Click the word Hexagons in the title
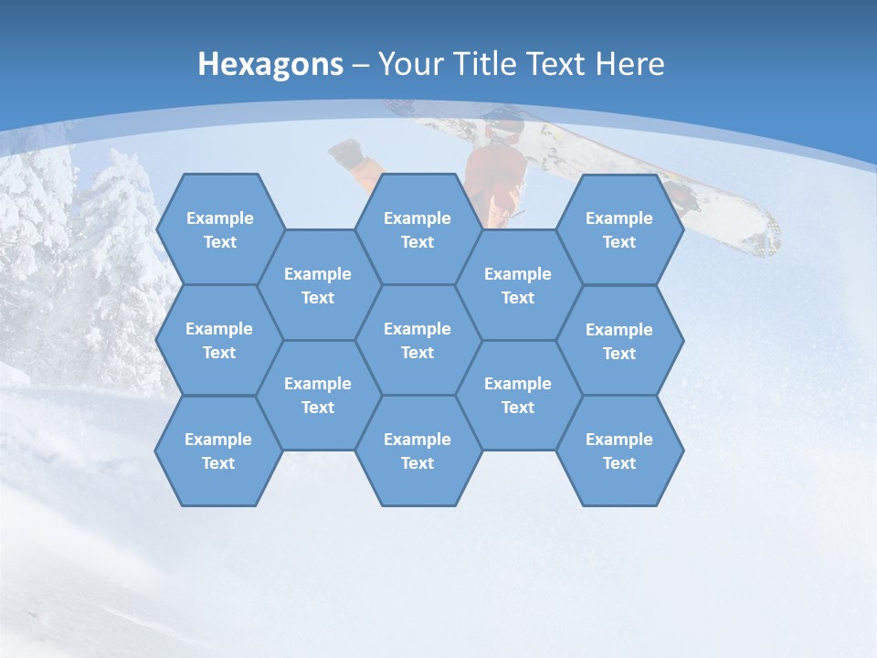point(270,64)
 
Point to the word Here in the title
point(630,64)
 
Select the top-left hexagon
point(219,229)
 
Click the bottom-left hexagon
point(218,451)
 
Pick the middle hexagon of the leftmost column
point(219,340)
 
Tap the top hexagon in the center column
point(417,229)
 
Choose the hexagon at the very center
point(417,340)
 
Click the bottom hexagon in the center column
point(417,451)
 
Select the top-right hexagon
point(619,229)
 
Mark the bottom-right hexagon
point(619,451)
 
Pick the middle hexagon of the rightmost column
point(619,341)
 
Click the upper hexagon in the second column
point(318,285)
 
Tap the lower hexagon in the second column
point(318,395)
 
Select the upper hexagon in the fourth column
point(518,285)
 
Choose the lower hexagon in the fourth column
point(518,395)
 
